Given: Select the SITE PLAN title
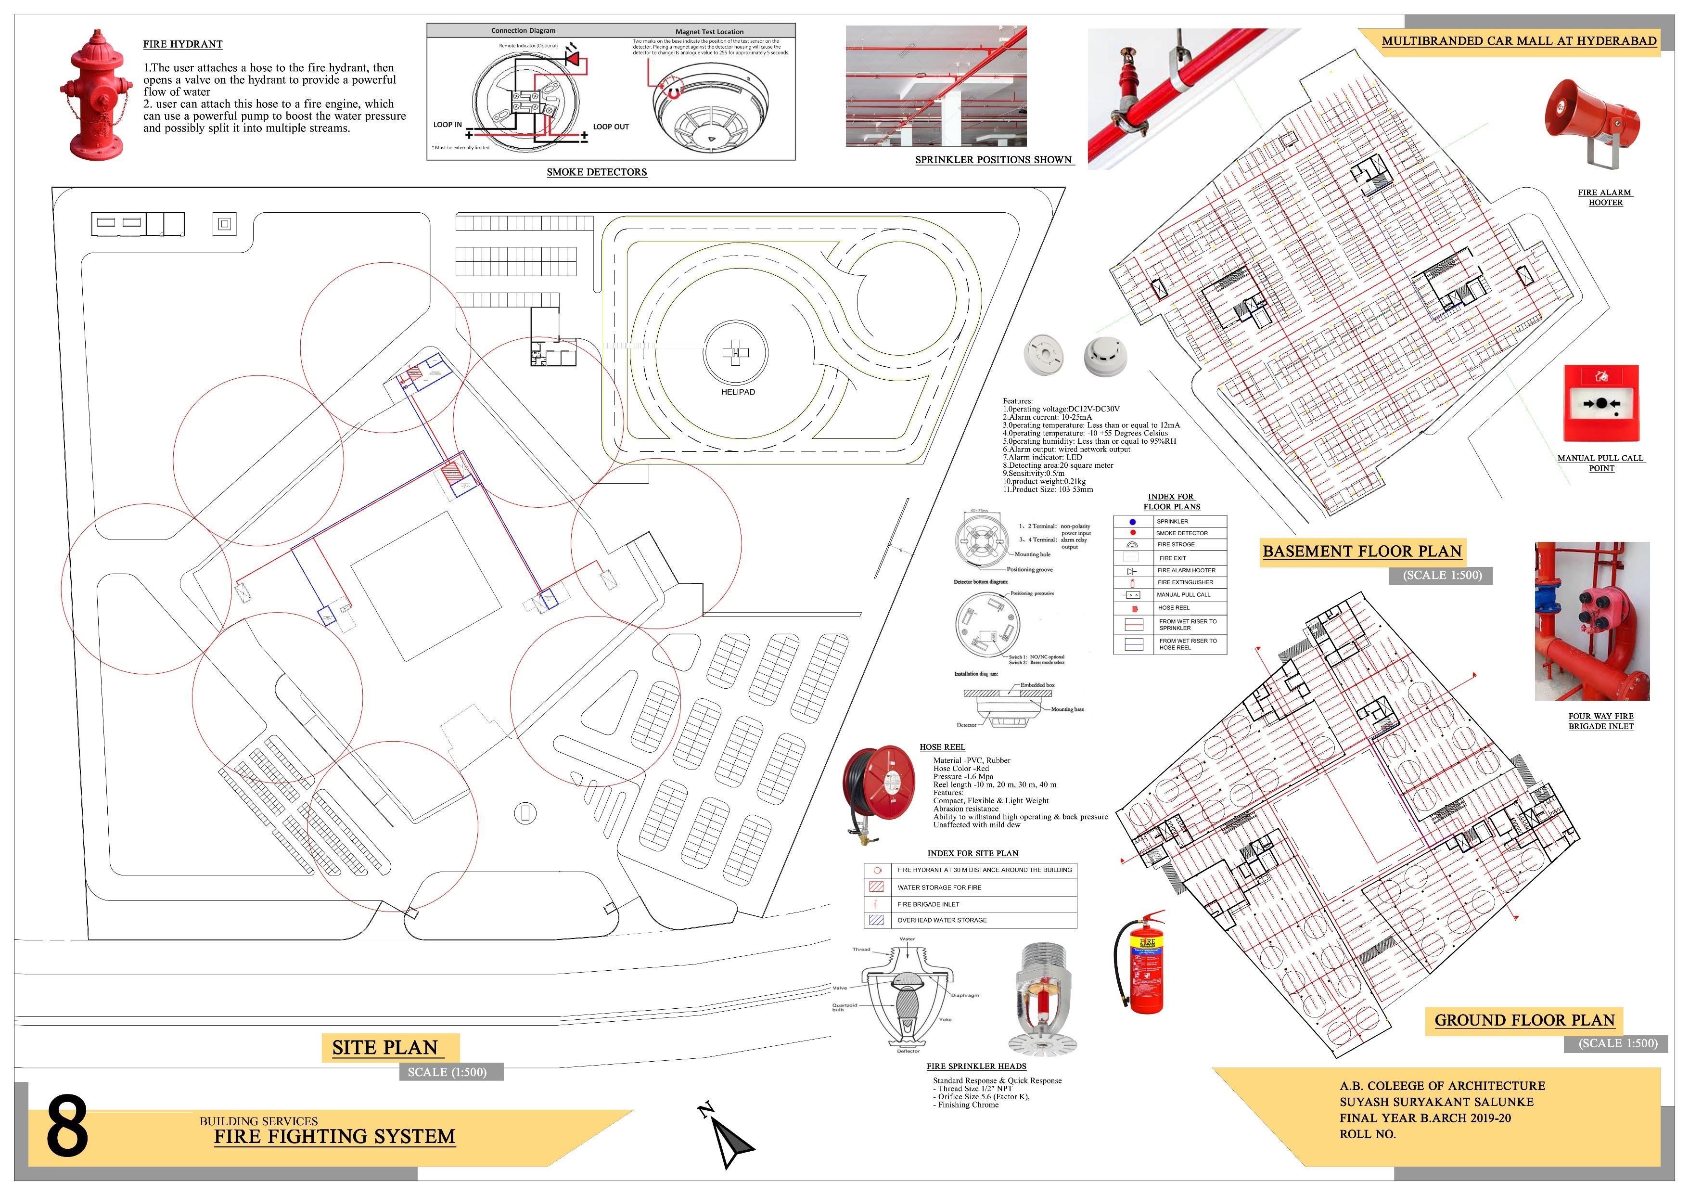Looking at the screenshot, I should [x=385, y=1047].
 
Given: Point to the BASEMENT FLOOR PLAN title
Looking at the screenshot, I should [x=1362, y=551].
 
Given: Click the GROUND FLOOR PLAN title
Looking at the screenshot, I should [x=1524, y=1020].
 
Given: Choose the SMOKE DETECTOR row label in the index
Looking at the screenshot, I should [x=1181, y=533].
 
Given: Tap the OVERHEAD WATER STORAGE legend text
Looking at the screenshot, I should [x=942, y=920].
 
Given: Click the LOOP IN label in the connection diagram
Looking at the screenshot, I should [x=447, y=124].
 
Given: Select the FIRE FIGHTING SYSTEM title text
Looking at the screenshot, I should [x=335, y=1136].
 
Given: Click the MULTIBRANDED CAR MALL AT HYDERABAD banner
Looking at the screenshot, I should [x=1519, y=41].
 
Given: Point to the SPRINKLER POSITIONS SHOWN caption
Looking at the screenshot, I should [x=993, y=160].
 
